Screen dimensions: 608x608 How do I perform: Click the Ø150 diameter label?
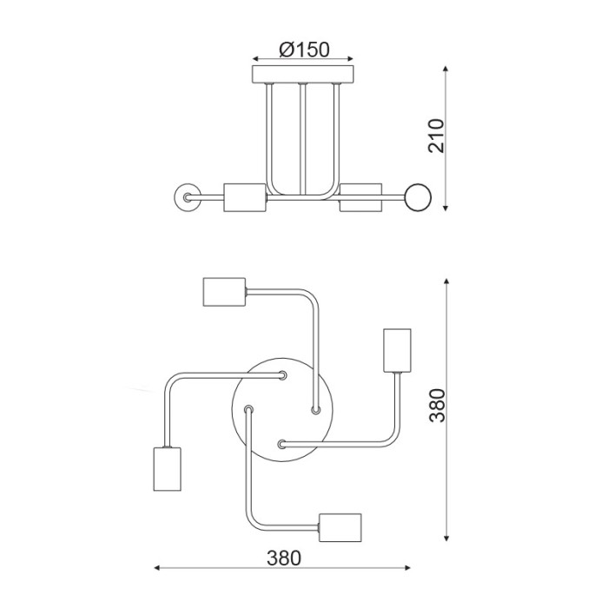click(304, 50)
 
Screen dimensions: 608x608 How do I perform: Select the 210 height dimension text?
click(437, 135)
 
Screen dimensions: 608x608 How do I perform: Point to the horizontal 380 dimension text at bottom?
click(283, 558)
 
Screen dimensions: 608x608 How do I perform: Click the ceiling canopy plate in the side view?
click(303, 74)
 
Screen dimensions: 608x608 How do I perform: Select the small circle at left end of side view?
click(186, 197)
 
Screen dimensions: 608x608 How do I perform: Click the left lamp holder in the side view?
click(243, 198)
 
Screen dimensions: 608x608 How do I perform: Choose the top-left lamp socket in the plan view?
click(224, 292)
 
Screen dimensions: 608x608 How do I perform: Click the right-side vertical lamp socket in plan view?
click(396, 349)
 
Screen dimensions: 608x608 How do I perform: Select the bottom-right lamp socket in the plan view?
click(340, 527)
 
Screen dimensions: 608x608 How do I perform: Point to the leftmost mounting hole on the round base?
click(249, 408)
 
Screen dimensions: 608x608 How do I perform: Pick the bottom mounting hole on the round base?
click(281, 444)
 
